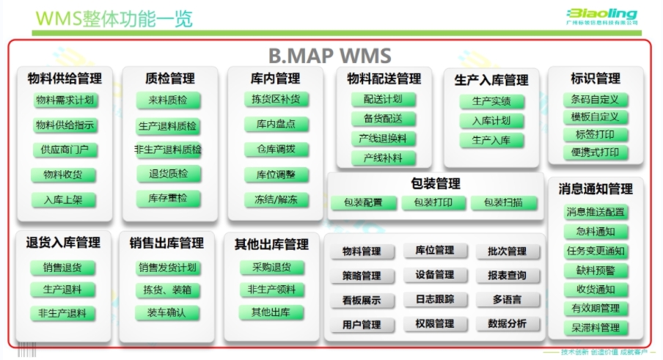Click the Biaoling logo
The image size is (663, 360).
point(601,15)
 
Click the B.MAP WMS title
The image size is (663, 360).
point(329,56)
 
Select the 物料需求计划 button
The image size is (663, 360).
point(65,100)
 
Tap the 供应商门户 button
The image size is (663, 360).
point(65,150)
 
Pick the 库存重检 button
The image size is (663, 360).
point(168,198)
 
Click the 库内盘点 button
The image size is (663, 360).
point(276,125)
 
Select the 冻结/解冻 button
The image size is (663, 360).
point(276,199)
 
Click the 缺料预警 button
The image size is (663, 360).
point(596,271)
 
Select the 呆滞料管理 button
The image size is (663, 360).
point(596,328)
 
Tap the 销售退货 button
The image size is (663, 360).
point(62,268)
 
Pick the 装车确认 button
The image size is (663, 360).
point(167,312)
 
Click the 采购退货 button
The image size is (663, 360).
point(271,268)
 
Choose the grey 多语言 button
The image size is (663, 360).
point(507,300)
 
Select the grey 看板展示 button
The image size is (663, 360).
point(361,300)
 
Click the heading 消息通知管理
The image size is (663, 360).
point(596,189)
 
